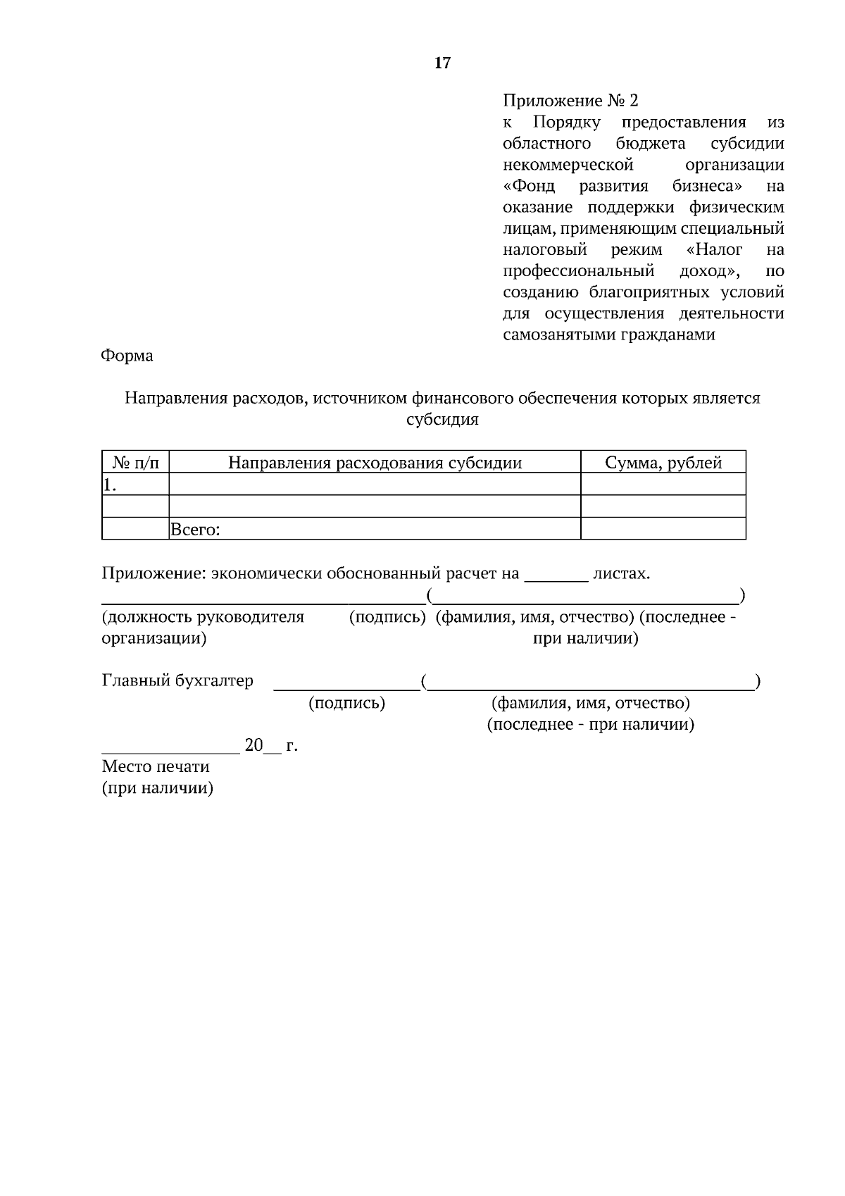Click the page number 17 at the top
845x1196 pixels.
pos(442,63)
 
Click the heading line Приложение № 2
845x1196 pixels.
pos(570,101)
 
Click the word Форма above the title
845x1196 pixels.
pos(127,356)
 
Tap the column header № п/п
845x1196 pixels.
pos(136,463)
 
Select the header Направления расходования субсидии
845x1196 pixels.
pos(375,463)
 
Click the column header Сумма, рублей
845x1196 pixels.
pos(663,463)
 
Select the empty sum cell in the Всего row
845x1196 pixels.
pos(663,529)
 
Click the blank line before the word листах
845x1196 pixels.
pos(556,578)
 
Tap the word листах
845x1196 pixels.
pos(621,573)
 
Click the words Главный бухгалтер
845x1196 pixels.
pos(177,681)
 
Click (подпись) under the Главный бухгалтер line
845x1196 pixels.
pos(346,703)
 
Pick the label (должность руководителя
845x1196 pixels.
pos(203,617)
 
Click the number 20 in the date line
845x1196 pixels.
pos(253,745)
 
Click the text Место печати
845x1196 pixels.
pos(156,766)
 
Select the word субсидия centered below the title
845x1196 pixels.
pos(442,420)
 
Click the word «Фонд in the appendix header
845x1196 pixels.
pos(530,187)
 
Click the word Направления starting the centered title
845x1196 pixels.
pos(168,399)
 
